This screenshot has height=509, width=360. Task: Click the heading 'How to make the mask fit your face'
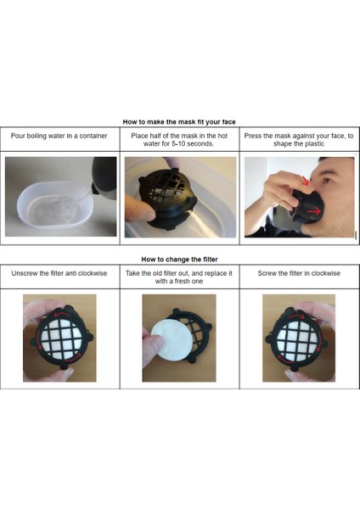pyautogui.click(x=179, y=122)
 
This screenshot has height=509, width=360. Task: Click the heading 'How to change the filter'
pyautogui.click(x=179, y=260)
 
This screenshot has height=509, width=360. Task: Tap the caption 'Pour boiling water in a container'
pyautogui.click(x=59, y=136)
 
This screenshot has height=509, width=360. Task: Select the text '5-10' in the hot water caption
pyautogui.click(x=178, y=143)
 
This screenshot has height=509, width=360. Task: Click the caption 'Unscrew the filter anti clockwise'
pyautogui.click(x=59, y=273)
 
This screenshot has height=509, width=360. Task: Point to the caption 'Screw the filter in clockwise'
pyautogui.click(x=299, y=273)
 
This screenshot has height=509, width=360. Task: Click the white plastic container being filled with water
pyautogui.click(x=54, y=205)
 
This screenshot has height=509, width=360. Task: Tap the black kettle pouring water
pyautogui.click(x=104, y=177)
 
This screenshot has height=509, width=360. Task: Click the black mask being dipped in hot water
pyautogui.click(x=168, y=198)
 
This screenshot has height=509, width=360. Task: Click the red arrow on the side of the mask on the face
pyautogui.click(x=314, y=211)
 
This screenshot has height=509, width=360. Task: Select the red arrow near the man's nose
pyautogui.click(x=305, y=182)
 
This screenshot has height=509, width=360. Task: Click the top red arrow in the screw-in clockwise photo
pyautogui.click(x=295, y=316)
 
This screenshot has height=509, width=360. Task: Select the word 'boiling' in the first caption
pyautogui.click(x=37, y=136)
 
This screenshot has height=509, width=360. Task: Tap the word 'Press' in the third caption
pyautogui.click(x=252, y=136)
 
